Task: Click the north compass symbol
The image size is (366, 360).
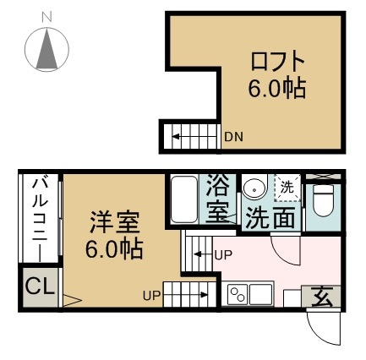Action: click(x=46, y=49)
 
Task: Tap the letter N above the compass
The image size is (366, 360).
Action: click(x=46, y=16)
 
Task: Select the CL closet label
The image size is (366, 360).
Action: click(x=37, y=287)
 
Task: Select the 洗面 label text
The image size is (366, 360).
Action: click(x=270, y=218)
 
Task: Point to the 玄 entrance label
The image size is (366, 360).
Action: click(x=323, y=297)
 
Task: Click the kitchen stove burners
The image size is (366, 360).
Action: click(x=238, y=295)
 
